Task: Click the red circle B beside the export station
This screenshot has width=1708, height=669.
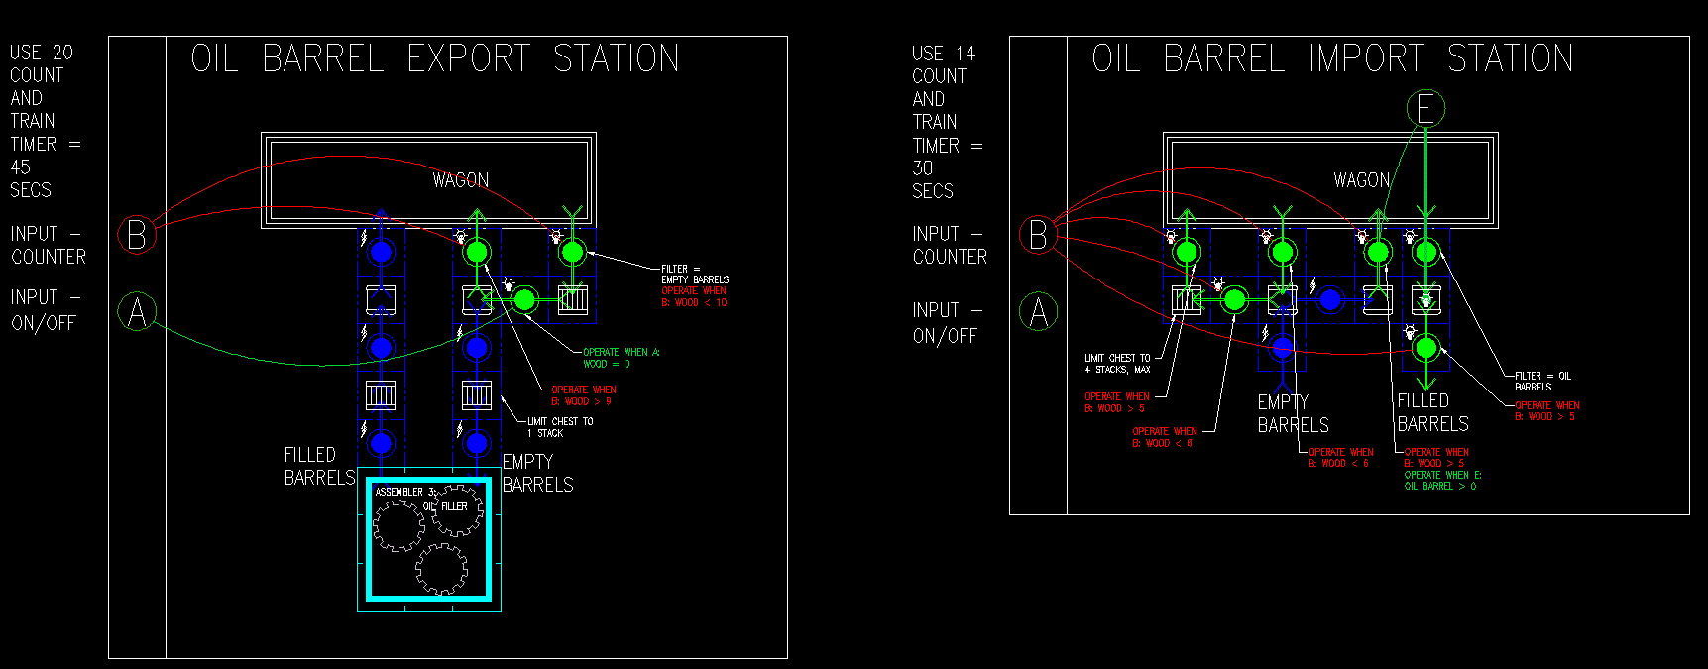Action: [x=137, y=235]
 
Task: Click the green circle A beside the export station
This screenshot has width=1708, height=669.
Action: [x=137, y=312]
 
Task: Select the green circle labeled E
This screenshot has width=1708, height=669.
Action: [x=1425, y=109]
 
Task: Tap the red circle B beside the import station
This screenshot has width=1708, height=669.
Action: [x=1038, y=235]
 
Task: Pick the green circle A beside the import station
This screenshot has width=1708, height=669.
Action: [x=1038, y=312]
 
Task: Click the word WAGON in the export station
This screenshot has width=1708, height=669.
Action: [x=461, y=180]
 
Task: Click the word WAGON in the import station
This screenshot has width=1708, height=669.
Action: [x=1362, y=180]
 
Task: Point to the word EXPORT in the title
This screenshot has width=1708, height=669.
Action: [x=469, y=58]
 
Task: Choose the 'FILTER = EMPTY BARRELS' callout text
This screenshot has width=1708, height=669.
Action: [x=695, y=275]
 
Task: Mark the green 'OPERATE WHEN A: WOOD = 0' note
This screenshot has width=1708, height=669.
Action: [x=621, y=358]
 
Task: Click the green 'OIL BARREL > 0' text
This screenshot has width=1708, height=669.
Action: [x=1440, y=486]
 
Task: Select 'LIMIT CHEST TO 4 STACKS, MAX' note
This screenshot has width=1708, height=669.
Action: [x=1117, y=364]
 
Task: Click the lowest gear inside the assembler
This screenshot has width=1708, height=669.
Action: [x=441, y=568]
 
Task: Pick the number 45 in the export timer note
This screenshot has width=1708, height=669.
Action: [x=20, y=167]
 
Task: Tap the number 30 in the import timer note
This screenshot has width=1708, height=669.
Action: [x=922, y=168]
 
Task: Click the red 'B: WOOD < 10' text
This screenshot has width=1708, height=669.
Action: [x=694, y=302]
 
